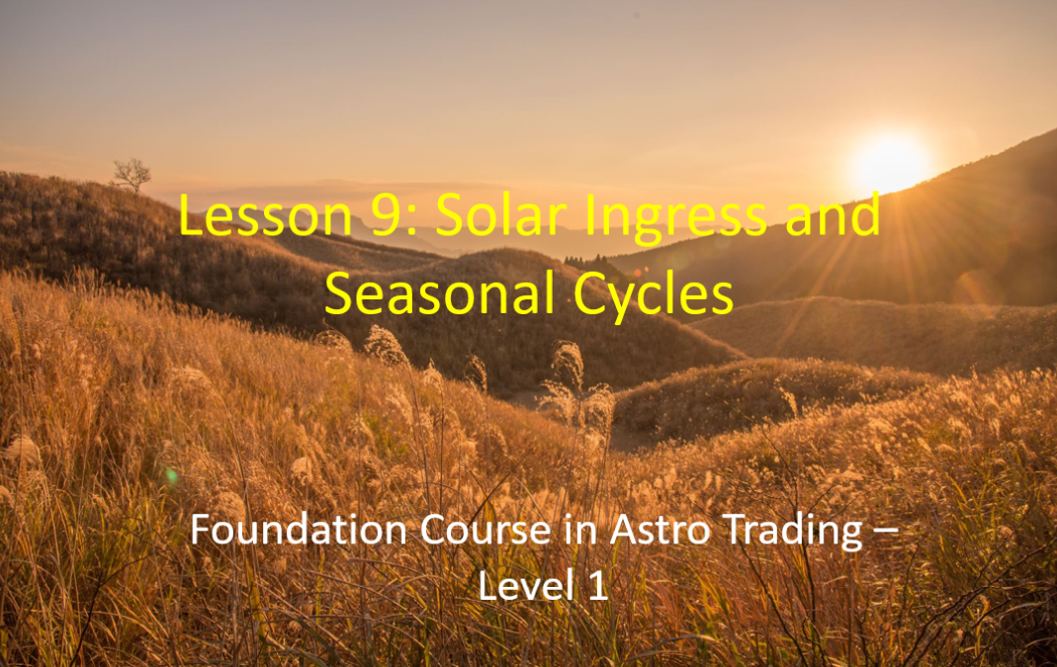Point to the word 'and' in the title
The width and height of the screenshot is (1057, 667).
(x=833, y=213)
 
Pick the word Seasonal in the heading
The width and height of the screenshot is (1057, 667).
(x=440, y=293)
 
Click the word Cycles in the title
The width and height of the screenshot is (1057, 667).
(x=654, y=297)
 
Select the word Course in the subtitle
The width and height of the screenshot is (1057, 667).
(x=485, y=530)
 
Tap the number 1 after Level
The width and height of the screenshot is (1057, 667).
(x=598, y=585)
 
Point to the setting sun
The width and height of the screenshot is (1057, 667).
(x=889, y=163)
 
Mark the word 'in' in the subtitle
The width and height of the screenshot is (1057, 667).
(x=580, y=530)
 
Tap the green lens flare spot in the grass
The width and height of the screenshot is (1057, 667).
(x=172, y=476)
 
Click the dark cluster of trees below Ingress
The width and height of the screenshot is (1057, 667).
(x=592, y=262)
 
